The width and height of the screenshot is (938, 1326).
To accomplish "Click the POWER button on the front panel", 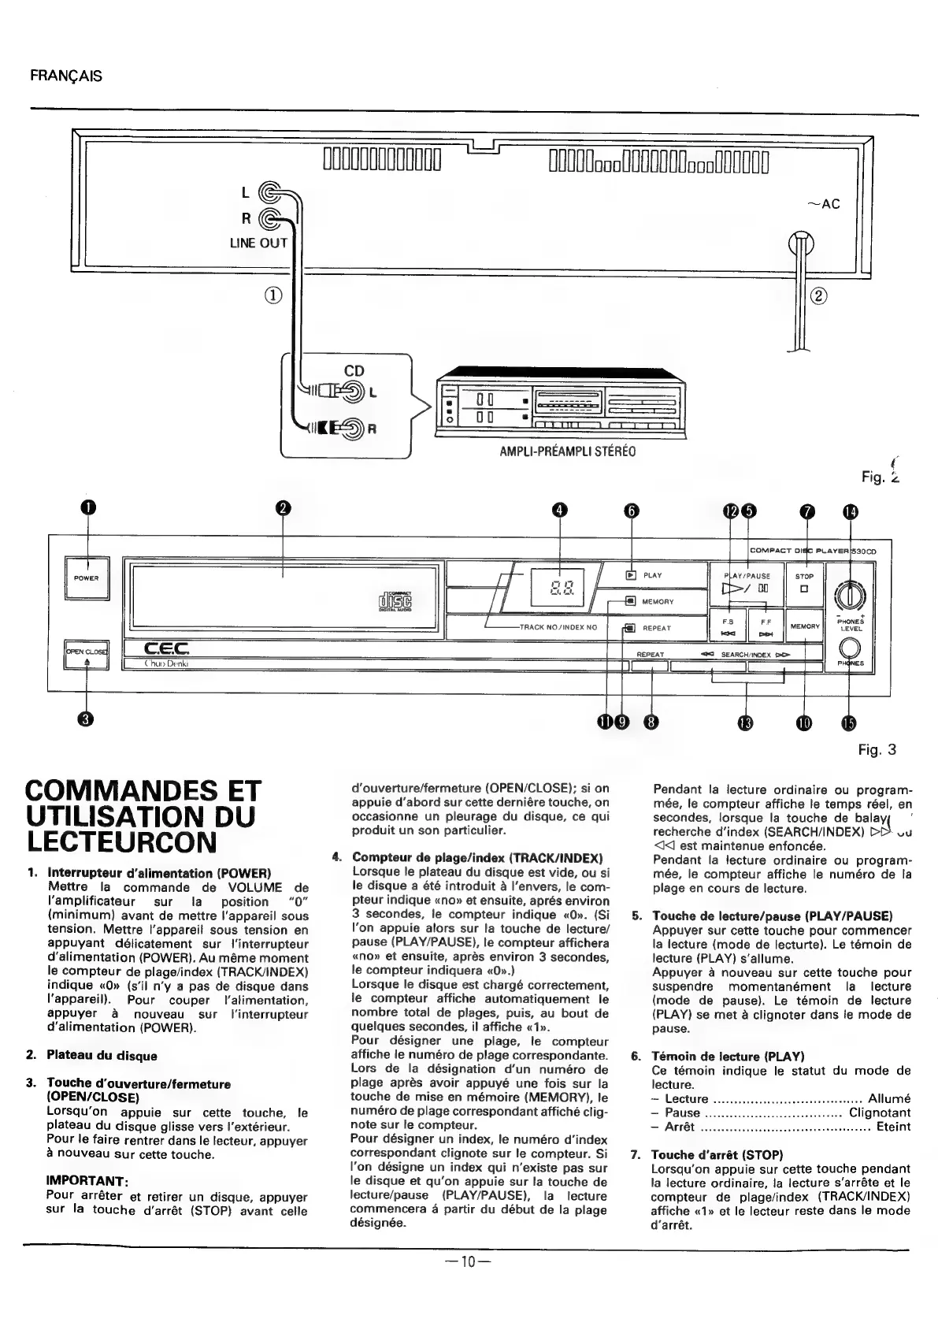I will tap(87, 578).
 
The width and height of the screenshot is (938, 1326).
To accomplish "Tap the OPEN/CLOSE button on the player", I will tap(87, 654).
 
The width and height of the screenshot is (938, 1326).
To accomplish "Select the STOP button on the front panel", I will tap(804, 584).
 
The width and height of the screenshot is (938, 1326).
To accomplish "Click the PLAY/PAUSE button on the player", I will tap(746, 584).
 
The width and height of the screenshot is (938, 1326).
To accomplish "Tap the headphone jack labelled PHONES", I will tap(850, 648).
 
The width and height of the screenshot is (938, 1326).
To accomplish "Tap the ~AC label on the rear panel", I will tap(825, 204).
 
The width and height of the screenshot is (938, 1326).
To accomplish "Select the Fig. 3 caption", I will tap(877, 750).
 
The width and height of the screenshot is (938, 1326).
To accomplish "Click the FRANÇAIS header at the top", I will tap(66, 76).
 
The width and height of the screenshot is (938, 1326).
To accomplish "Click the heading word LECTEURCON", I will tap(121, 841).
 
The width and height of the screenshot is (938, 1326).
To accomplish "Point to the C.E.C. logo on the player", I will tap(166, 648).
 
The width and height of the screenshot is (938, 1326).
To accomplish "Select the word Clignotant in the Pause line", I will tap(879, 1112).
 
